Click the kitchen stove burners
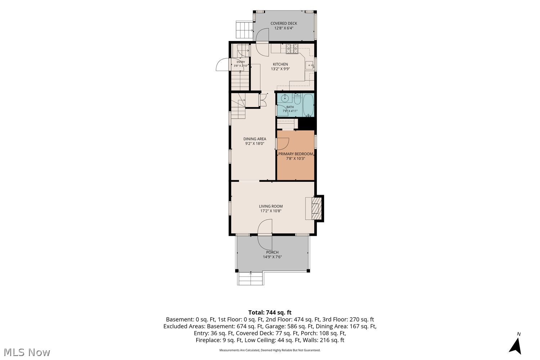point(292,49)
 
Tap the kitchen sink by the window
point(309,65)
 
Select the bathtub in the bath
point(308,105)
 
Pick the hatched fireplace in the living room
point(316,208)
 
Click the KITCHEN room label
point(280,64)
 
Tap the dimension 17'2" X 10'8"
point(271,211)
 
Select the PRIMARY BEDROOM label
point(296,154)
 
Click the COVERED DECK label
point(284,23)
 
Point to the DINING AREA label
point(255,139)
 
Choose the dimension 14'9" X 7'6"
point(272,257)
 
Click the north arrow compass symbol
point(516,346)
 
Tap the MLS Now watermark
point(27,352)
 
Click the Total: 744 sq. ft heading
point(270,312)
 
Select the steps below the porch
point(251,279)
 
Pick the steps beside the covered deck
point(244,30)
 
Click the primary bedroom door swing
point(283,144)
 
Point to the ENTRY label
point(241,62)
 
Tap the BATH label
point(290,107)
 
